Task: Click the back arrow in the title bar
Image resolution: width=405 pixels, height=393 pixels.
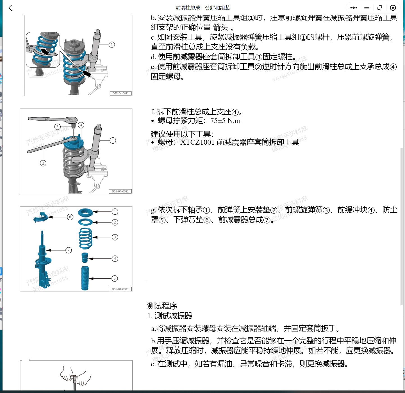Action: click(x=10, y=8)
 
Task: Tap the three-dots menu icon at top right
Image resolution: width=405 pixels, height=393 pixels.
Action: click(x=353, y=8)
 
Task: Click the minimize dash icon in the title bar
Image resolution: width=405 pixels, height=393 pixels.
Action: click(x=367, y=8)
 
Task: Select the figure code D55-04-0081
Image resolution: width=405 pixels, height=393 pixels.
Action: click(x=120, y=93)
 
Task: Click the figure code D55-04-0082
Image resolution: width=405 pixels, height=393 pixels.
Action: click(x=120, y=191)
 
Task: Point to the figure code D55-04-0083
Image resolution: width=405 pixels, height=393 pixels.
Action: click(x=120, y=289)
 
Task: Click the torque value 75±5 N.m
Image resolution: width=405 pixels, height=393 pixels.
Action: click(x=226, y=121)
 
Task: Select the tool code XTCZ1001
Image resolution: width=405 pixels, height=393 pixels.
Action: click(x=197, y=142)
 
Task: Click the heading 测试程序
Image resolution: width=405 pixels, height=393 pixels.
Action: click(x=162, y=306)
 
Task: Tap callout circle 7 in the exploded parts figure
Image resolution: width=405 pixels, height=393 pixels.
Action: click(x=69, y=250)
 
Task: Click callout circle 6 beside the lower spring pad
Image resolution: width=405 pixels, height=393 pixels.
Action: click(x=70, y=217)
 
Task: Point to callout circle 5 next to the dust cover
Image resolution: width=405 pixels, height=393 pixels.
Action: click(x=115, y=278)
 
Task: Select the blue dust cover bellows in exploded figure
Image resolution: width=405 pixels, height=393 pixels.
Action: click(x=85, y=278)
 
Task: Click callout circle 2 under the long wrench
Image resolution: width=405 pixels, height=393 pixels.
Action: click(x=43, y=163)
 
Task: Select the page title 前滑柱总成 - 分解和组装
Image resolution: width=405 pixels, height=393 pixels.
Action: click(x=202, y=8)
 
